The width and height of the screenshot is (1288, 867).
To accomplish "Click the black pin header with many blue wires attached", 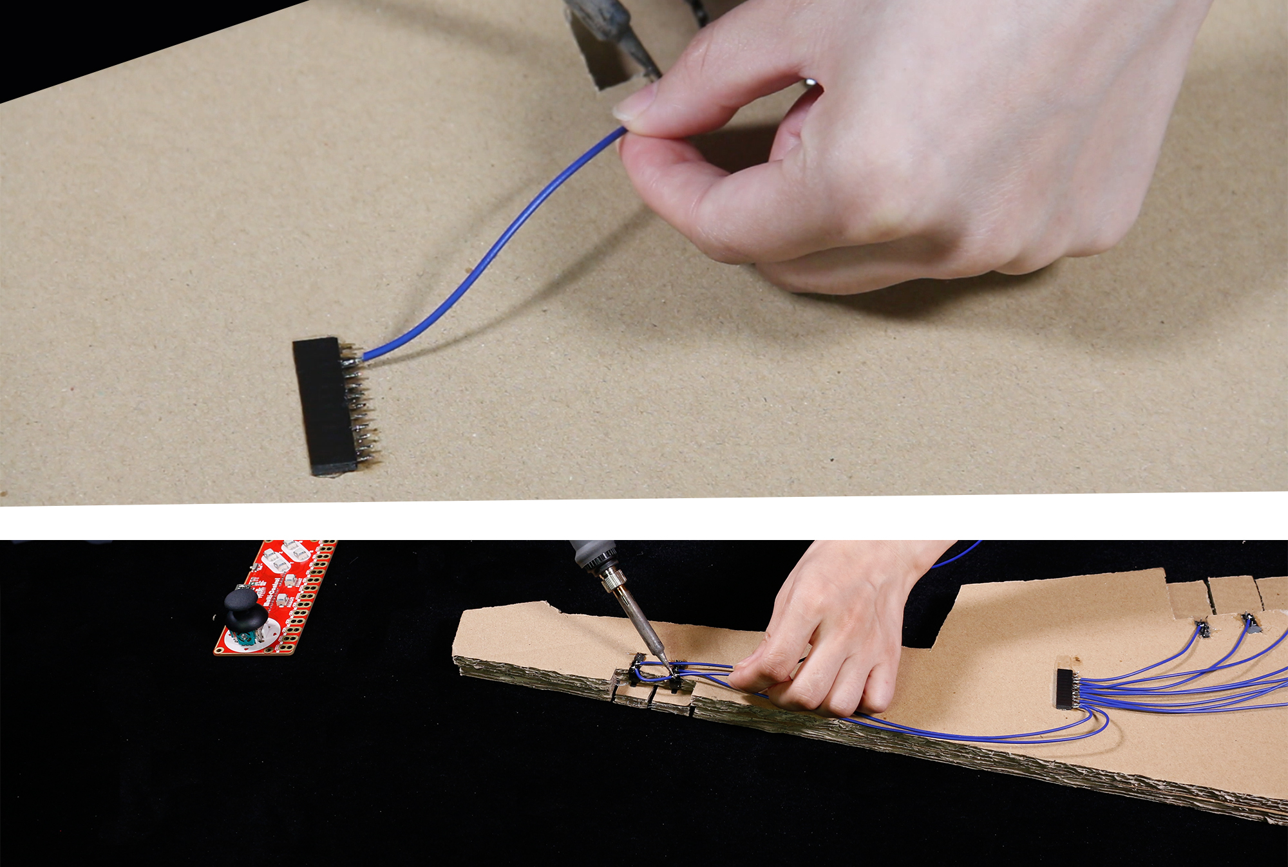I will tap(1065, 689).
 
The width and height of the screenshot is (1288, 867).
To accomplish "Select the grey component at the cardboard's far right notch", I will tap(1251, 624).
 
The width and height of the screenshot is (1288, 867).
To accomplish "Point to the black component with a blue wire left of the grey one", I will tap(1202, 628).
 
